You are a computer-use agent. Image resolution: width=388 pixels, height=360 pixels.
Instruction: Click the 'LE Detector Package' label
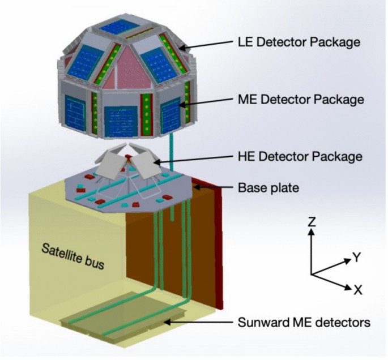(299, 42)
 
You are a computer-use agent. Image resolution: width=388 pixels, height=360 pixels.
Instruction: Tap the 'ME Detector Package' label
(301, 100)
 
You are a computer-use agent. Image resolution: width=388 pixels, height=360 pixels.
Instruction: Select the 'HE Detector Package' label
(300, 156)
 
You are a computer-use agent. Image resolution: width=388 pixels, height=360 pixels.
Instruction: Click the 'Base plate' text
(268, 188)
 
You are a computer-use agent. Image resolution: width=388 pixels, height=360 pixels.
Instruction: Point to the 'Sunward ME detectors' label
(304, 322)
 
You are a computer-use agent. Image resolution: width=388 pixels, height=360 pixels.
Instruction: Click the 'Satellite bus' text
(73, 256)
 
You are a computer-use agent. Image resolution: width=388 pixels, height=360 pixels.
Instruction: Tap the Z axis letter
(312, 221)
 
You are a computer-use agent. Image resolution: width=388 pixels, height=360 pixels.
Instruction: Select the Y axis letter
(357, 258)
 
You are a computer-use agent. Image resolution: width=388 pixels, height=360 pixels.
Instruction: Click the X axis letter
(357, 290)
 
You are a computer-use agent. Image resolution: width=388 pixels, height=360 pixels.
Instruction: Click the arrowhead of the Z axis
(312, 231)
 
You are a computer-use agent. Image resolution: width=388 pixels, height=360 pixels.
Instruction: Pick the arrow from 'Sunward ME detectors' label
(198, 322)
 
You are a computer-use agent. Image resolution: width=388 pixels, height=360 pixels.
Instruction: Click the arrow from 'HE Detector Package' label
(194, 159)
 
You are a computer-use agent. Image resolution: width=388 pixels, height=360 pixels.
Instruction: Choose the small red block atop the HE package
(127, 157)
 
